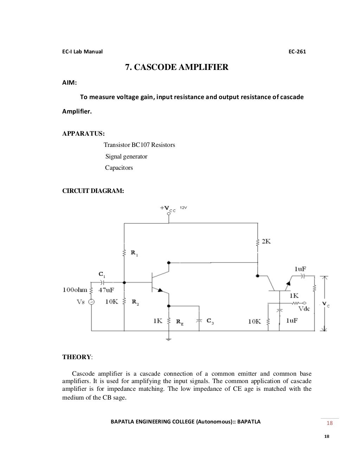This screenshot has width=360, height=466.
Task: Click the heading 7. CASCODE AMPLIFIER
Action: (177, 67)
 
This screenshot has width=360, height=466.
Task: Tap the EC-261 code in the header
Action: (297, 52)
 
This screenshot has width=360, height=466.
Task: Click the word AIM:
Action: (70, 83)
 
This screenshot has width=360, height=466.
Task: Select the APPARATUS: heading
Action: (83, 134)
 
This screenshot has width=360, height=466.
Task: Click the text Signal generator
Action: (126, 156)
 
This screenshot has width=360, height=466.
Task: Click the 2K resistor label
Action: (266, 241)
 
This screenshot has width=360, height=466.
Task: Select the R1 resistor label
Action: (134, 253)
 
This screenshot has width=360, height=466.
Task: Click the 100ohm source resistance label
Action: (75, 290)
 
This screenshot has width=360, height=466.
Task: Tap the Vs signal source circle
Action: (91, 302)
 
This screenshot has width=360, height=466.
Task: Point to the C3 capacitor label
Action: (210, 321)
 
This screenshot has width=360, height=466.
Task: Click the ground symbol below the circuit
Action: (169, 339)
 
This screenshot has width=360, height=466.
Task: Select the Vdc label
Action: (304, 309)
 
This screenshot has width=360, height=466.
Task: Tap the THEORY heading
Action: (77, 357)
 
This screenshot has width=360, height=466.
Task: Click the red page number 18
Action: (329, 423)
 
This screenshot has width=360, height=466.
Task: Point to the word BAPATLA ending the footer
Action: (249, 422)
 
